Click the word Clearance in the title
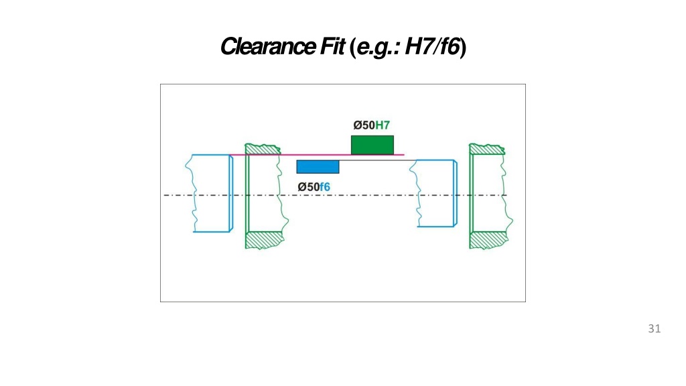[268, 46]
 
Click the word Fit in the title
[332, 46]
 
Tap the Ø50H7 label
[371, 125]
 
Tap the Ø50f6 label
[314, 188]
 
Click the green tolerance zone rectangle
[372, 145]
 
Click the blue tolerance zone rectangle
[318, 167]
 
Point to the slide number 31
[655, 328]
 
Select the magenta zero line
[317, 155]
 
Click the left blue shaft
[210, 193]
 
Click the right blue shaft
[434, 193]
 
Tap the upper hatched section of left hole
[262, 149]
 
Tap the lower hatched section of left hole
[264, 241]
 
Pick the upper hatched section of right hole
[486, 149]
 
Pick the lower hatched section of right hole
[488, 241]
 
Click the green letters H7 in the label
[383, 125]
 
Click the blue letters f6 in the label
[325, 188]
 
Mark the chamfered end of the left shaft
[231, 193]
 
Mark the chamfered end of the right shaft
[456, 193]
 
